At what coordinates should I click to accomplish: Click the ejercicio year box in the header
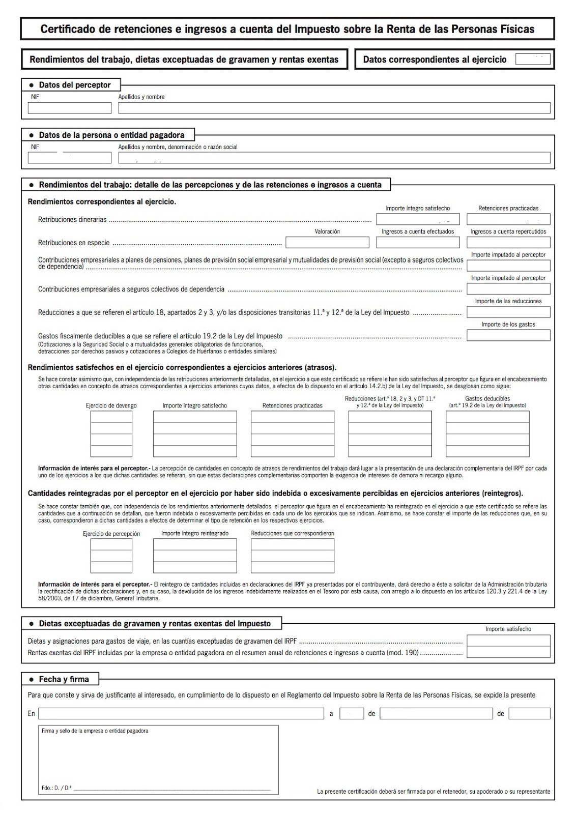pos(532,60)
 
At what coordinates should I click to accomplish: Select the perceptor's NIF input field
pos(69,108)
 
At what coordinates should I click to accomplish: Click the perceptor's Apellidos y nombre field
pos(334,108)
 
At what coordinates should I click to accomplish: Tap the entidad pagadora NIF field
pos(69,158)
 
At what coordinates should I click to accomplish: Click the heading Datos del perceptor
pos(74,85)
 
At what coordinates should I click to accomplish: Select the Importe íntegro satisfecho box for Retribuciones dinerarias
pos(417,219)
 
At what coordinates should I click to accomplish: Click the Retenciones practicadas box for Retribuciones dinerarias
pos(508,219)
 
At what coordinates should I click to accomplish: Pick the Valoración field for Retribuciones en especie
pos(327,242)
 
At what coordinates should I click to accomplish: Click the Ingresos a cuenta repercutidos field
pos(508,242)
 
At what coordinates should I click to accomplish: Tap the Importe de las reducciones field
pos(508,312)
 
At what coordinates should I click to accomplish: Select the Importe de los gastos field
pos(508,335)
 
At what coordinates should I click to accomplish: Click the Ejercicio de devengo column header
pos(111,405)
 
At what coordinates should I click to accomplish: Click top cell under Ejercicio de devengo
pos(111,417)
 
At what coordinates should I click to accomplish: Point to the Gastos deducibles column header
pos(487,402)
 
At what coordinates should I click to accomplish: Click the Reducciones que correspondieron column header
pos(292,533)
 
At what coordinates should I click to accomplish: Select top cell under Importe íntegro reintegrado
pos(195,544)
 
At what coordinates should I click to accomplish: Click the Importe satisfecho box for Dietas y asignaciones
pos(508,641)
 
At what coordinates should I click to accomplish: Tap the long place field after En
pos(181,713)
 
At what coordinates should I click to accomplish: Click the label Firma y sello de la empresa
pos(95,731)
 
